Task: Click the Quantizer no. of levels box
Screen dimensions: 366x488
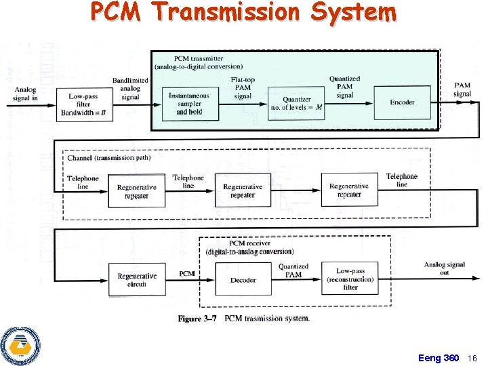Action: [x=297, y=104]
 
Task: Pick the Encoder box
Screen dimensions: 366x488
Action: [x=402, y=102]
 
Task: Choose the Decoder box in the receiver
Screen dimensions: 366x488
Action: [x=243, y=280]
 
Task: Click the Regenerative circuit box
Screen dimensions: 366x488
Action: [x=137, y=280]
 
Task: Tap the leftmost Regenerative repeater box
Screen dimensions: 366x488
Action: [x=136, y=192]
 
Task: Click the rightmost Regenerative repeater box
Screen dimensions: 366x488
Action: [x=349, y=190]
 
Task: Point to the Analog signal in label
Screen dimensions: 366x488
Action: [x=25, y=94]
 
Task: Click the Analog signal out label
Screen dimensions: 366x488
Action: [x=445, y=268]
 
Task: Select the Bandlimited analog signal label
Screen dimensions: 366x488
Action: [x=130, y=88]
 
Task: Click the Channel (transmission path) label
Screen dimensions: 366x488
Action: [x=108, y=158]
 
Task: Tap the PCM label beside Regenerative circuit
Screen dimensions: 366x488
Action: [x=187, y=274]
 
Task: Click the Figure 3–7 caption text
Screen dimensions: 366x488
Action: [x=243, y=319]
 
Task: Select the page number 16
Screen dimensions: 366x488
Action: [x=472, y=358]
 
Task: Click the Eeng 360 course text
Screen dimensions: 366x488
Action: [x=439, y=358]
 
